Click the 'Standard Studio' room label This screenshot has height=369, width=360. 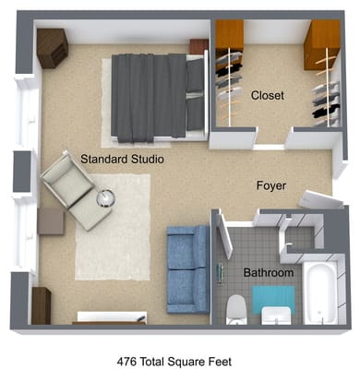(x=122, y=160)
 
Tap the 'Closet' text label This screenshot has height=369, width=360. (x=267, y=95)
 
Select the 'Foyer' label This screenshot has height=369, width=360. (x=270, y=186)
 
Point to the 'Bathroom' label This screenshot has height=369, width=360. (x=268, y=273)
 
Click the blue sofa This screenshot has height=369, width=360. (x=187, y=267)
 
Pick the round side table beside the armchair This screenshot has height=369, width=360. (x=106, y=197)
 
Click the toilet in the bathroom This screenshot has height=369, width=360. (x=235, y=307)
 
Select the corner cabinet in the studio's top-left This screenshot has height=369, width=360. (x=51, y=46)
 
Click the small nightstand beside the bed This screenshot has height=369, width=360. (x=198, y=46)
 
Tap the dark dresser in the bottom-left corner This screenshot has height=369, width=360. (x=41, y=304)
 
